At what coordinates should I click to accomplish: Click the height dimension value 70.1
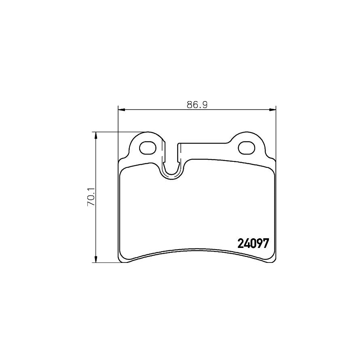click(x=92, y=197)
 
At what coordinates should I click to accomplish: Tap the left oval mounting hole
click(x=148, y=148)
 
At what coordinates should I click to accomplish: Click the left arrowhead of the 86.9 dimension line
click(x=120, y=109)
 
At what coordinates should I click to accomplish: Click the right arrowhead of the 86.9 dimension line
click(x=273, y=109)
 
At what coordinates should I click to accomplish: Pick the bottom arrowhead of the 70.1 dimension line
click(x=96, y=260)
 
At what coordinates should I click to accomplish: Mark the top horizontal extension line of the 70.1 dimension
click(x=117, y=132)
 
